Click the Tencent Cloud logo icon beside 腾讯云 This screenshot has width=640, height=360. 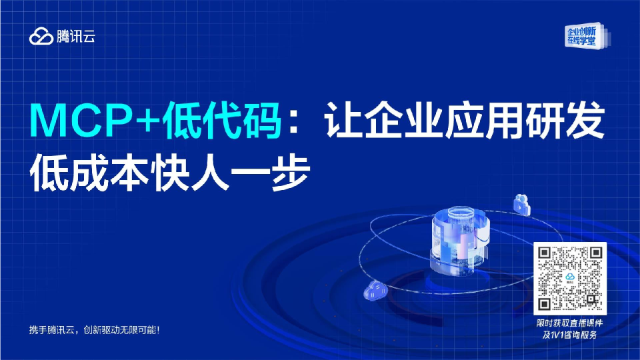(x=41, y=37)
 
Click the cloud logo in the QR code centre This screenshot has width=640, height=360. (x=571, y=278)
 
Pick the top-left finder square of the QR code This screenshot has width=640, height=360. (x=547, y=254)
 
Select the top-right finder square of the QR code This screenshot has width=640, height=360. (x=595, y=254)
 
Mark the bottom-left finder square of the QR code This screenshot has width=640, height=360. (x=547, y=303)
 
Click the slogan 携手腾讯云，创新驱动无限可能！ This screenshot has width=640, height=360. (x=95, y=329)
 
